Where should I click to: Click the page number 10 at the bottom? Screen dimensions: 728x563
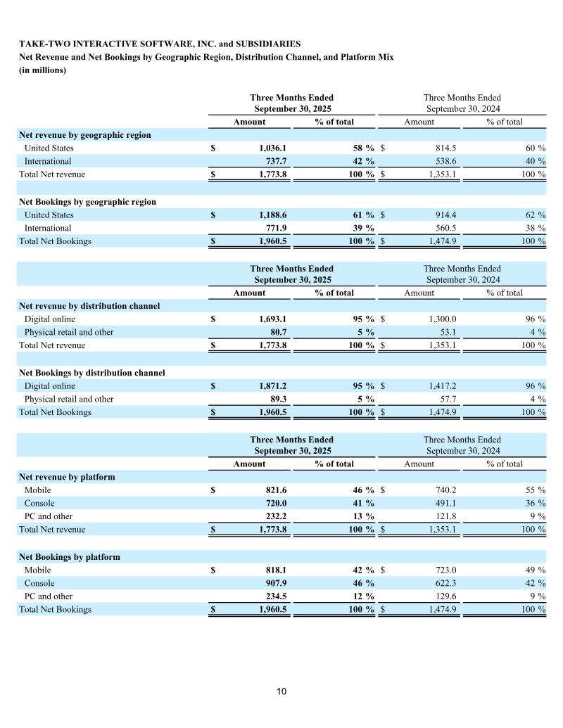pos(281,691)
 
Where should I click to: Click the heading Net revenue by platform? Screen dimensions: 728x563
pos(67,477)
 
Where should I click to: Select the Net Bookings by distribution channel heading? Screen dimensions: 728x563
pos(92,373)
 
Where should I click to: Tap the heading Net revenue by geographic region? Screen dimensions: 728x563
pos(84,135)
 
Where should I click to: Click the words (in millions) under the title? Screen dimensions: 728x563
pos(42,70)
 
